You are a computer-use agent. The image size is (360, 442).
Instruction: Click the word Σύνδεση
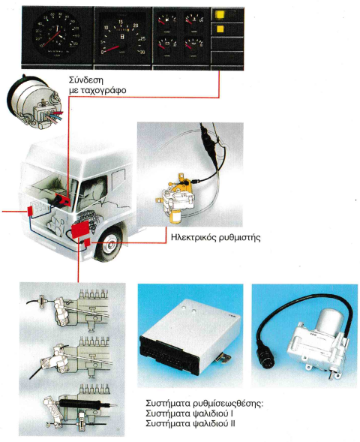(x=86, y=80)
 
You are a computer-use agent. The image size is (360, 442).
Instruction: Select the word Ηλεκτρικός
(x=193, y=237)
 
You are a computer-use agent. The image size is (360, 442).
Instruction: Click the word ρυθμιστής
(x=239, y=238)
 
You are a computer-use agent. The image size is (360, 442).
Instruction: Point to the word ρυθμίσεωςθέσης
(x=228, y=404)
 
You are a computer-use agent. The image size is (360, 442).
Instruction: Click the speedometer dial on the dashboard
(x=57, y=34)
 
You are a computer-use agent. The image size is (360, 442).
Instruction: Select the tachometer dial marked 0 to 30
(x=123, y=37)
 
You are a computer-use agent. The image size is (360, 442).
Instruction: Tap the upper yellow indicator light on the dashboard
(x=220, y=15)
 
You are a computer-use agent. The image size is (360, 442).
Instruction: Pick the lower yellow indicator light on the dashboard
(x=220, y=29)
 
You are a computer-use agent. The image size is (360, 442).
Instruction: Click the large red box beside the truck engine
(x=80, y=229)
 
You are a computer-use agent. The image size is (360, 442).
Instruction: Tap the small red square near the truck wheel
(x=87, y=242)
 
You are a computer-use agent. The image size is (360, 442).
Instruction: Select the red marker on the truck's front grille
(x=30, y=211)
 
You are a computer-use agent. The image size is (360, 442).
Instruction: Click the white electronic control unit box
(x=190, y=338)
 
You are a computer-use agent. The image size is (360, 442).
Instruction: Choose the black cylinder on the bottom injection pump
(x=79, y=404)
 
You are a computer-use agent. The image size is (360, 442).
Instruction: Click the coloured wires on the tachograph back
(x=54, y=116)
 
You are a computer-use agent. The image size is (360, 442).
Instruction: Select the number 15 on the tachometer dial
(x=121, y=22)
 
